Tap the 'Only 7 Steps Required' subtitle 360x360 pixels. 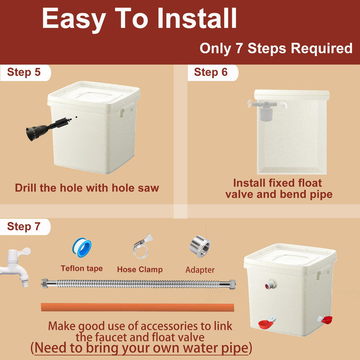[276, 49]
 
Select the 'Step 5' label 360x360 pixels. [24, 72]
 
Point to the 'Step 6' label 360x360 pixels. [211, 72]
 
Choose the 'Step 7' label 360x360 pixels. [24, 226]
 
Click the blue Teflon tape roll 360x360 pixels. [82, 247]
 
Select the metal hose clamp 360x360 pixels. [142, 246]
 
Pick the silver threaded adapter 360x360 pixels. [200, 246]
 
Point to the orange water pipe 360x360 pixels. [138, 307]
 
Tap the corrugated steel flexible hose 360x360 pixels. [138, 284]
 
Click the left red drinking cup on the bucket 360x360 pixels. [266, 323]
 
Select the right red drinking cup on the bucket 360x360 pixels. [325, 319]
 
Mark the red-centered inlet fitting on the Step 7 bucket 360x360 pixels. [270, 284]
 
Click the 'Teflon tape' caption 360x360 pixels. [82, 268]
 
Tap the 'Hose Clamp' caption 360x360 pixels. [140, 269]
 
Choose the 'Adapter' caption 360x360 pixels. [200, 270]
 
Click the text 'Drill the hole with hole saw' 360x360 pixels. [87, 188]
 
